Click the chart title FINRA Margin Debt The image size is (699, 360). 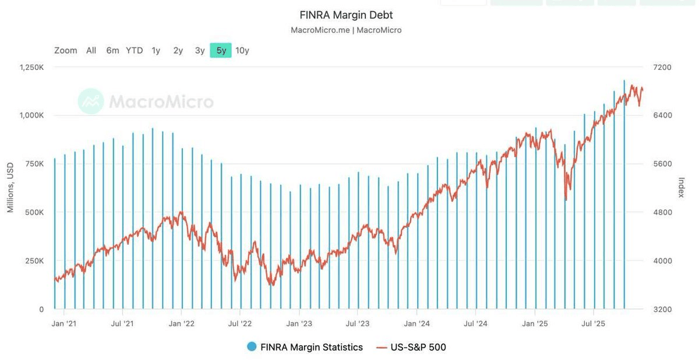[346, 15]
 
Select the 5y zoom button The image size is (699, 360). [221, 51]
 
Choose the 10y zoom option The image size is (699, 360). [242, 51]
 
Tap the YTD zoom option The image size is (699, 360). [134, 51]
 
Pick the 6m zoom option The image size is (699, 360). [112, 51]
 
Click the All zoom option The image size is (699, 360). [91, 51]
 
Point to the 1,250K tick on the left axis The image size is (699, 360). [31, 68]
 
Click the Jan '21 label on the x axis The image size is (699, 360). [64, 323]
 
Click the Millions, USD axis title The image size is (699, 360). [10, 188]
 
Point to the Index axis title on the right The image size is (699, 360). [681, 188]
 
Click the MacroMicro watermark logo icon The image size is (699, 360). [90, 101]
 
